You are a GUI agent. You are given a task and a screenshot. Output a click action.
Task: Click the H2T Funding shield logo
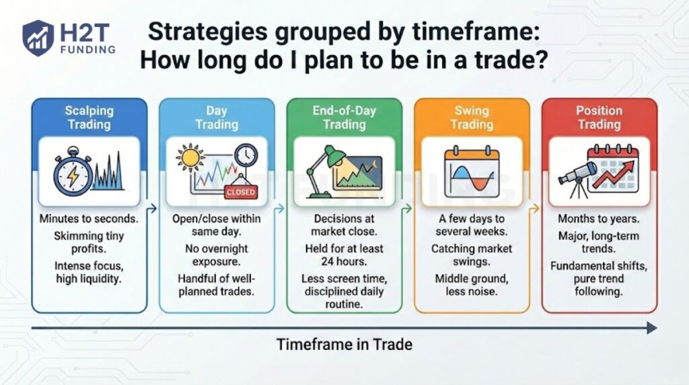tap(38, 38)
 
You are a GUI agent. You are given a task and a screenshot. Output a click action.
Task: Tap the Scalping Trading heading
tap(89, 117)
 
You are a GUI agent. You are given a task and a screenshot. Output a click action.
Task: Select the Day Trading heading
tap(217, 117)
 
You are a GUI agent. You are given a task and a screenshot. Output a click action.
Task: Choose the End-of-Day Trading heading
tap(344, 117)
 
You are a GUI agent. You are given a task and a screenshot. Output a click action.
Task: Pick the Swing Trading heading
tap(472, 117)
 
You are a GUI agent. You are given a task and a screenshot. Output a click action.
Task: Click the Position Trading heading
tap(599, 117)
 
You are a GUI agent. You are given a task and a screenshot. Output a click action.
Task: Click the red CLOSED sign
tap(241, 192)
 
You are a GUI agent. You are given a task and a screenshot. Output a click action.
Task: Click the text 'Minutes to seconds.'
tap(89, 219)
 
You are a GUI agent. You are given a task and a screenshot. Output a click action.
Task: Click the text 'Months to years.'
tap(599, 219)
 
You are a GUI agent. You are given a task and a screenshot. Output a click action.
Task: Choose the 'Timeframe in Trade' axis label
tap(344, 345)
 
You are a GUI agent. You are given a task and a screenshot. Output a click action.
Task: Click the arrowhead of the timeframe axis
tap(651, 328)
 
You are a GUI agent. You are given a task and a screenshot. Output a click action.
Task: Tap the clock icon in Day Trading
tap(246, 155)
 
